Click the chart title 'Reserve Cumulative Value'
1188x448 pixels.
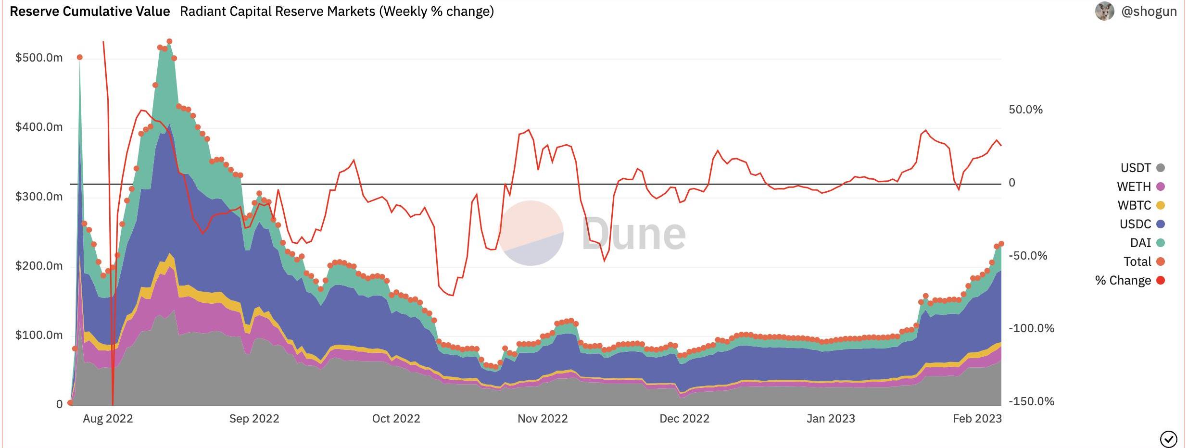pyautogui.click(x=90, y=12)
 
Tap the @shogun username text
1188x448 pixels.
pyautogui.click(x=1149, y=12)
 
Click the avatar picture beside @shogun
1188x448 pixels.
pyautogui.click(x=1105, y=11)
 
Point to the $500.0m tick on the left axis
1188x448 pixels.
pyautogui.click(x=39, y=58)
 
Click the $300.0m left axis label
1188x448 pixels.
pyautogui.click(x=39, y=197)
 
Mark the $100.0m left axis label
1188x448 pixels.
pyautogui.click(x=39, y=335)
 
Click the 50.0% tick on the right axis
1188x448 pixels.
pyautogui.click(x=1025, y=110)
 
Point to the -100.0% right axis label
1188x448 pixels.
pyautogui.click(x=1031, y=328)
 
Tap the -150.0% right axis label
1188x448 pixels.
pyautogui.click(x=1031, y=401)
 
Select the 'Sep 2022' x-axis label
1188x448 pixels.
pyautogui.click(x=254, y=419)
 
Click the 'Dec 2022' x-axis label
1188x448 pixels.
pyautogui.click(x=684, y=419)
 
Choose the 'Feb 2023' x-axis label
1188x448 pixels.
pyautogui.click(x=977, y=419)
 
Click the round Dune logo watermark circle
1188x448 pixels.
pyautogui.click(x=531, y=233)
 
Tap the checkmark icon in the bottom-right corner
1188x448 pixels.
pyautogui.click(x=1169, y=439)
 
